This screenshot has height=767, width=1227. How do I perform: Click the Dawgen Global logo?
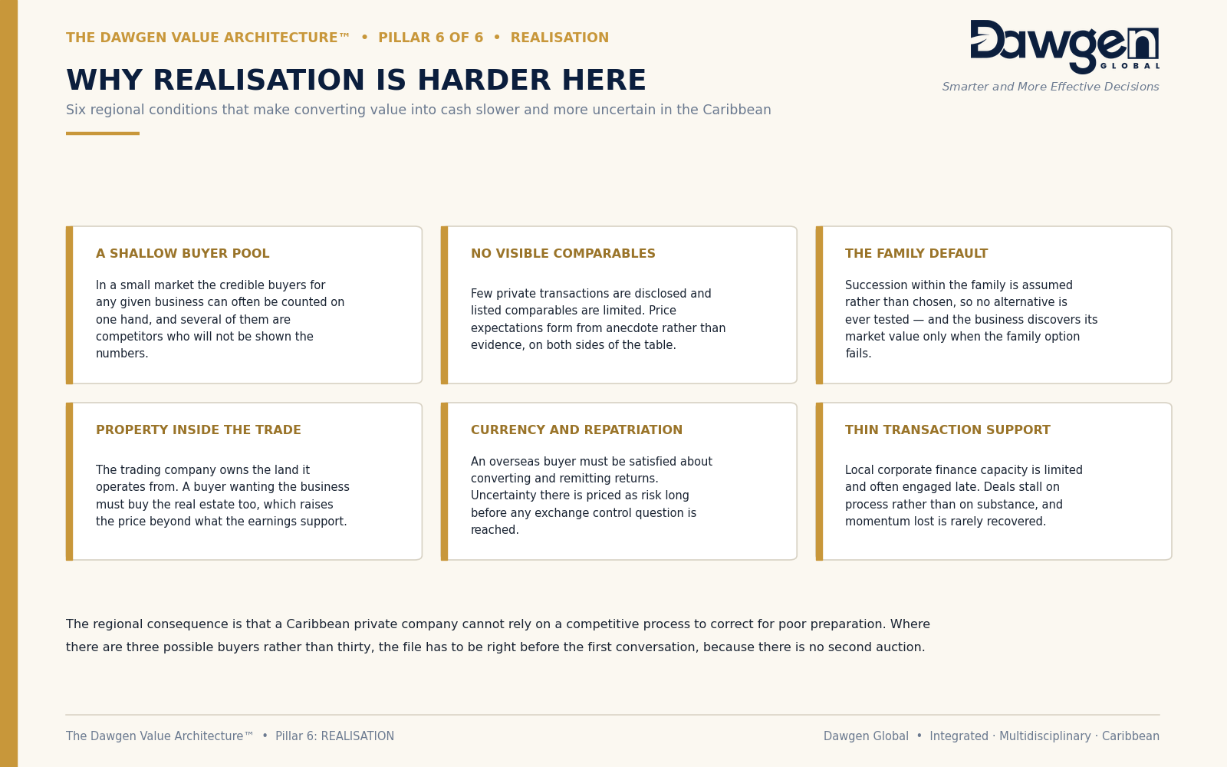tap(1064, 47)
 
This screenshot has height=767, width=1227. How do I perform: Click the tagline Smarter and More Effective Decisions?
tap(1050, 87)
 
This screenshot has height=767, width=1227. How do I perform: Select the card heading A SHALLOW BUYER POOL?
tap(183, 254)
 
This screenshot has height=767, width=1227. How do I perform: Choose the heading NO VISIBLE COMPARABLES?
tap(563, 254)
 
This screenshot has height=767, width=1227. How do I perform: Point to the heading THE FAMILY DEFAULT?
tap(916, 254)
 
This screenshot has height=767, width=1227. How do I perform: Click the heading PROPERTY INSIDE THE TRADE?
tap(199, 430)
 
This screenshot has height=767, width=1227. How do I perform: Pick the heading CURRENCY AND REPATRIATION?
tap(576, 430)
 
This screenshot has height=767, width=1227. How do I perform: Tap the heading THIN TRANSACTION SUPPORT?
tap(948, 430)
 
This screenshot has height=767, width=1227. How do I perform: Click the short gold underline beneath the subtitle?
tap(103, 133)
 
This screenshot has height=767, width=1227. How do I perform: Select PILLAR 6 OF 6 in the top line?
tap(430, 38)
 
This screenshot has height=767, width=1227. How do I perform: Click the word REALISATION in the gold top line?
tap(559, 38)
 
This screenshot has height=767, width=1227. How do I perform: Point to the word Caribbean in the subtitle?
tap(737, 110)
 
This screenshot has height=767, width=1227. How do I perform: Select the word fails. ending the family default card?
tap(858, 354)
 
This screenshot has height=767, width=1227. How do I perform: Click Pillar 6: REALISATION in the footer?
tap(334, 736)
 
